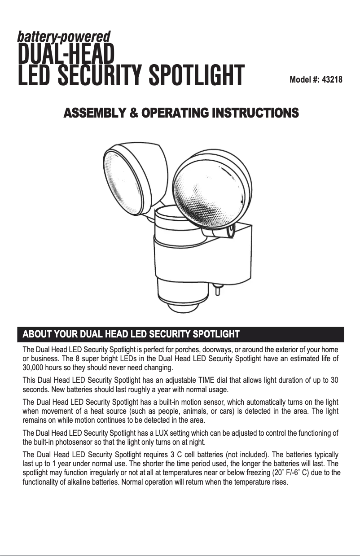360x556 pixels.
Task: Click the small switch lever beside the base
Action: tap(217, 289)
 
